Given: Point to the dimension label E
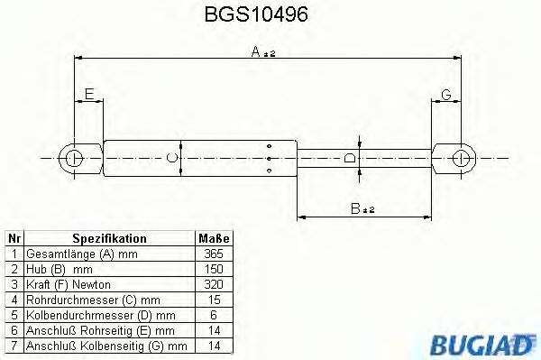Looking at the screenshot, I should pos(88,93).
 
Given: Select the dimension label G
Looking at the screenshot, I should pos(446,94).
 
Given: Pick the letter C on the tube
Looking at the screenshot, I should pos(173,158).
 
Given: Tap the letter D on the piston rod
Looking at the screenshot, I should pos(351,159).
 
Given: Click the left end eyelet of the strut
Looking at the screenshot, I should pos(74,158).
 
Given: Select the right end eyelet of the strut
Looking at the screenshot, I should pos(462,158).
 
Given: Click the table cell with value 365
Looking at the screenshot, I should pos(214,254).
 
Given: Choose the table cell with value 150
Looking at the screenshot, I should pos(214,269).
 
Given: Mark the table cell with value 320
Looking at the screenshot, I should pos(214,284).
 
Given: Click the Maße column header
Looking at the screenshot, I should pos(214,238).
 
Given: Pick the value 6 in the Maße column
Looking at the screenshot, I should pos(214,315).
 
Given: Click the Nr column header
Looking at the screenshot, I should pos(14,238).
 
